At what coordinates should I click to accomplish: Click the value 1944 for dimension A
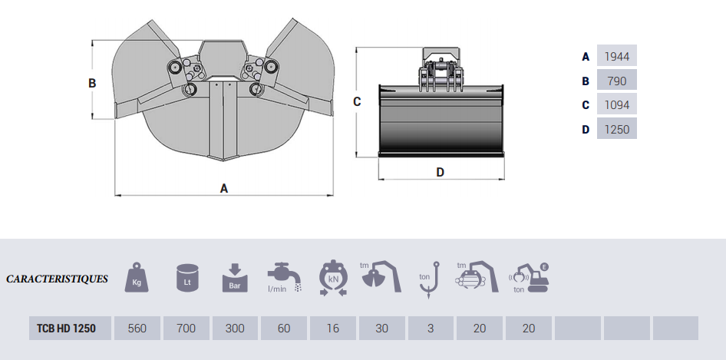(x=616, y=56)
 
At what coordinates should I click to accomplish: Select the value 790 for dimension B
(x=616, y=81)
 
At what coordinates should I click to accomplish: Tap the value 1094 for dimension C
(x=616, y=105)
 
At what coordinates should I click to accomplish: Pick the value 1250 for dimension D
(x=616, y=130)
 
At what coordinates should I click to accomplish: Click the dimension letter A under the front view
(x=224, y=188)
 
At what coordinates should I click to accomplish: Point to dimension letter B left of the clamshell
(x=92, y=83)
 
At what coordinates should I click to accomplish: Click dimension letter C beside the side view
(x=357, y=101)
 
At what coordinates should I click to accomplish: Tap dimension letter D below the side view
(x=441, y=173)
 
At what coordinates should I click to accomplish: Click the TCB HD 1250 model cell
(x=66, y=328)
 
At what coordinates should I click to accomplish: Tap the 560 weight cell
(x=137, y=328)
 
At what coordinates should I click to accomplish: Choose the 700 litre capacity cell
(x=186, y=328)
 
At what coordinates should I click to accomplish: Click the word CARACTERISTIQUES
(x=58, y=279)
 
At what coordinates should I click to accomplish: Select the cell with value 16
(x=332, y=328)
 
